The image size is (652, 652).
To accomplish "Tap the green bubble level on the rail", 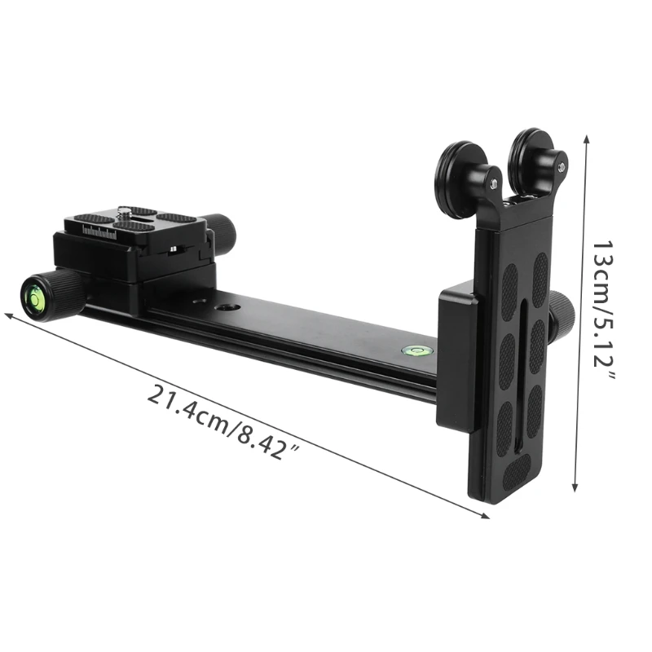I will tap(412, 350).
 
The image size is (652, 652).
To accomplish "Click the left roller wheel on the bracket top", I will tap(461, 178).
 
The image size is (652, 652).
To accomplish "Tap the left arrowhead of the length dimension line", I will tap(8, 313).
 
